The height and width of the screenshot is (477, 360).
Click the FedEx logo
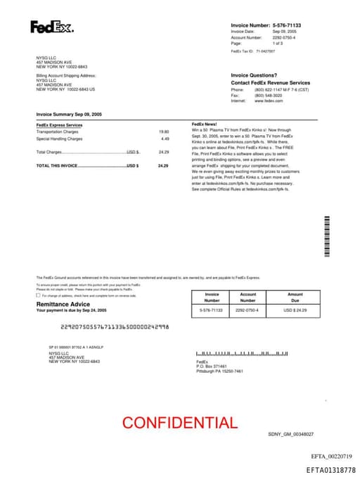51,27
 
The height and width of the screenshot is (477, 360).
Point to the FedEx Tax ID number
266,51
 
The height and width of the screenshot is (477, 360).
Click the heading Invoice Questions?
254,75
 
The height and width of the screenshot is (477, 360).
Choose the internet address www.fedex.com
269,101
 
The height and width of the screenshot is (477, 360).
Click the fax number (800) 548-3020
269,96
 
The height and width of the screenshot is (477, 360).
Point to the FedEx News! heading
204,124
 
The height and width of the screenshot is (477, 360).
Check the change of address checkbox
38,295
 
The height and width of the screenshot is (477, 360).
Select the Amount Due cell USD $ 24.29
295,310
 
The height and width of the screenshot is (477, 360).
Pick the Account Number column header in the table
248,297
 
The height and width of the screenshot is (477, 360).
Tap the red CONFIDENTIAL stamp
180,423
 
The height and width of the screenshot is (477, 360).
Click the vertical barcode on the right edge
327,236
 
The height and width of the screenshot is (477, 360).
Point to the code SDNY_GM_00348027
291,434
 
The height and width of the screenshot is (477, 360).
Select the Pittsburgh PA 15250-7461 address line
219,371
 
